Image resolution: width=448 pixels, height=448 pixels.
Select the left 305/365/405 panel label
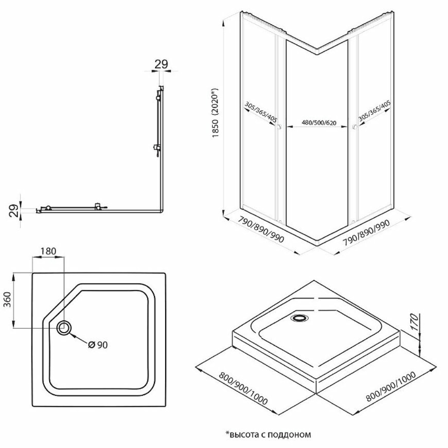(x=261, y=112)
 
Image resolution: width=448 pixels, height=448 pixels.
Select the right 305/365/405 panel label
(x=375, y=112)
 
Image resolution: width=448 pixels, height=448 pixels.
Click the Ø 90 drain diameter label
(x=98, y=345)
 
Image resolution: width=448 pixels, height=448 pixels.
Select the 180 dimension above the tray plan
(x=48, y=250)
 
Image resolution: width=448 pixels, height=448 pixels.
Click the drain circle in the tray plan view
(x=64, y=328)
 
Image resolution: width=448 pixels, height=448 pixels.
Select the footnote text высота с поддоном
(x=267, y=434)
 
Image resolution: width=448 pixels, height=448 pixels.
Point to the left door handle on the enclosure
(x=279, y=128)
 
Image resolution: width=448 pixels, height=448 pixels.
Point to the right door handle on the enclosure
(x=354, y=128)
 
